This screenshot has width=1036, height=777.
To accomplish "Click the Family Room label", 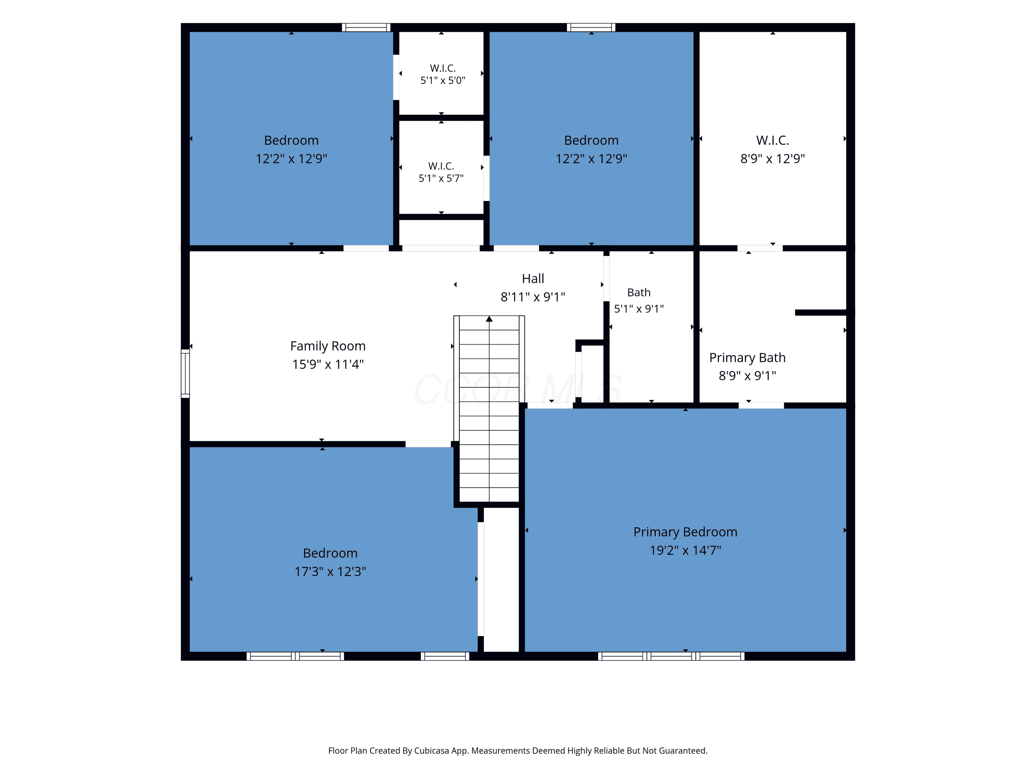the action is click(328, 346).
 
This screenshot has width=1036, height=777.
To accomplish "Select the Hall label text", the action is click(533, 279).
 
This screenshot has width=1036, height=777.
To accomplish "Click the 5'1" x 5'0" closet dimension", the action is click(443, 80).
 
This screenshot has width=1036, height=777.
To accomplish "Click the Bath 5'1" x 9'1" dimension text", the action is click(639, 309).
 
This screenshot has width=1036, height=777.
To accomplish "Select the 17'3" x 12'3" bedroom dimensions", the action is click(330, 572).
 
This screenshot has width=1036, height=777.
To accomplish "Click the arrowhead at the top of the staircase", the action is click(489, 319).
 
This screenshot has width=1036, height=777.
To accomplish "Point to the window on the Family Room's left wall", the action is click(185, 373).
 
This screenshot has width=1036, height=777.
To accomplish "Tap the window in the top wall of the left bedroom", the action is click(366, 28).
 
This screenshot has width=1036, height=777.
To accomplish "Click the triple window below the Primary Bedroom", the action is click(671, 656).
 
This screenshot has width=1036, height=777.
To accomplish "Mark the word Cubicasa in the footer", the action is click(431, 751).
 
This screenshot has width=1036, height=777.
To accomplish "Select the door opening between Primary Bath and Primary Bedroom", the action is click(761, 405).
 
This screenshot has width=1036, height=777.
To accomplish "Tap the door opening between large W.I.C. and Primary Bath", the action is click(760, 248).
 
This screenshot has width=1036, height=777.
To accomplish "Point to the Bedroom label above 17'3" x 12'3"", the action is click(330, 553).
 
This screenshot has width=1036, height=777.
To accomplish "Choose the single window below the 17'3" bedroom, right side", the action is click(445, 656).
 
